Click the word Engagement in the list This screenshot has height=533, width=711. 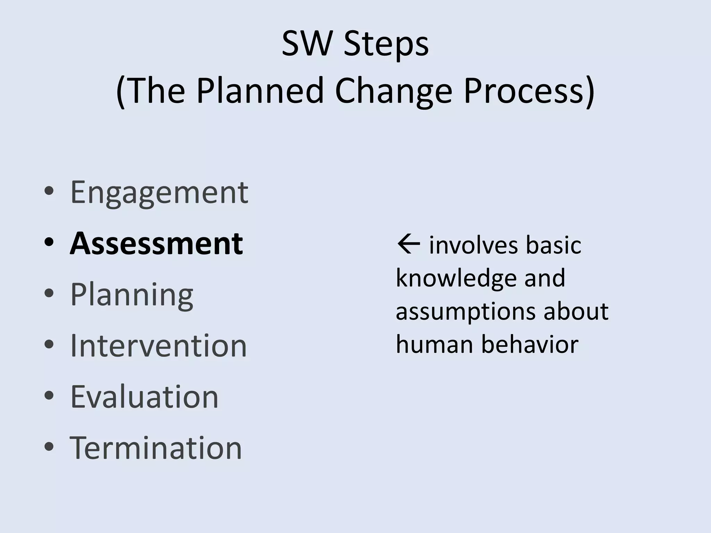coord(159,193)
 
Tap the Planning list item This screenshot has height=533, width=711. coord(132,295)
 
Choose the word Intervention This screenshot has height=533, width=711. coord(158,346)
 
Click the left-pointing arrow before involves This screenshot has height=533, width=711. coord(408,245)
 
